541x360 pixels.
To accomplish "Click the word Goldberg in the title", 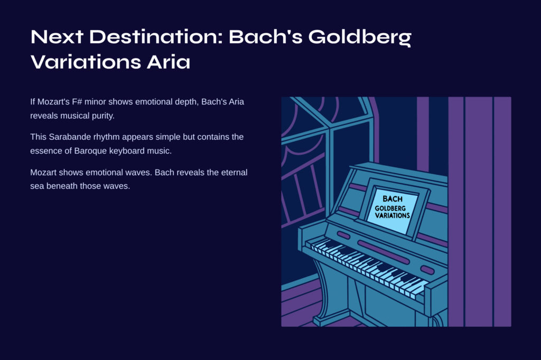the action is (359, 37).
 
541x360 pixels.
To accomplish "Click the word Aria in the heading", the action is (169, 62).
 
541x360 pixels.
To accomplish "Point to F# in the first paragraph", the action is (77, 102).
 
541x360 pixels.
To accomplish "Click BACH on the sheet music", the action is (393, 199).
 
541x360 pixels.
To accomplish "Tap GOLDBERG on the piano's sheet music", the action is (390, 209).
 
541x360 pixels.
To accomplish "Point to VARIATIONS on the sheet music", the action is (393, 215).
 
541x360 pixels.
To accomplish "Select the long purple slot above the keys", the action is (383, 251).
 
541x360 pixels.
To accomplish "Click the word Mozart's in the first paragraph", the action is (53, 102).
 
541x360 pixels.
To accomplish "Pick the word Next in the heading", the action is (57, 36).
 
